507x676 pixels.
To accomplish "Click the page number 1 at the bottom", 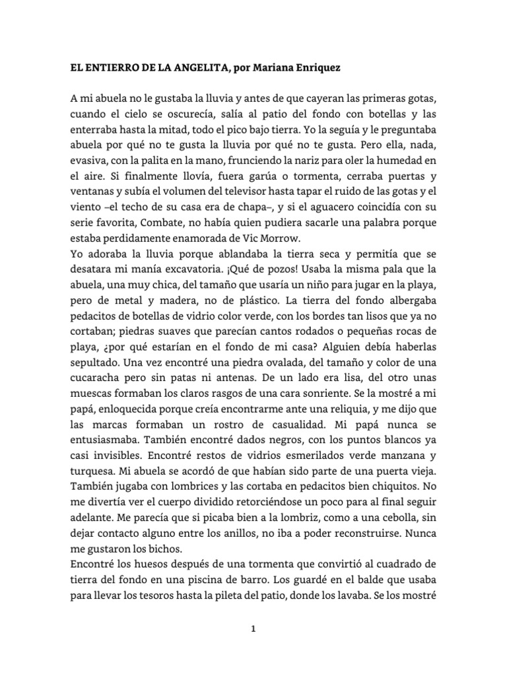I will pyautogui.click(x=252, y=629).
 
